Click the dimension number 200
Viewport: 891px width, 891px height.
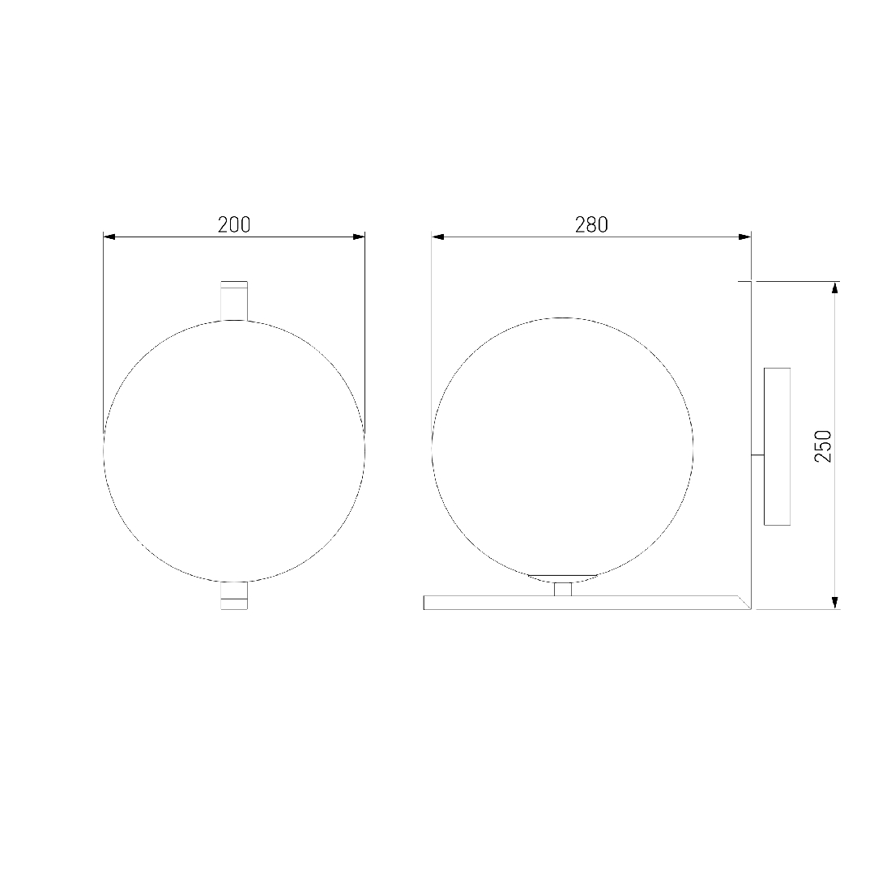[x=233, y=225]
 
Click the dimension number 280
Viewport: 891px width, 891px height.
[x=591, y=225]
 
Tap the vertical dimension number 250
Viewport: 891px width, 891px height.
[x=823, y=446]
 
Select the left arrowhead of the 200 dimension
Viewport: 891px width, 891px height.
[x=109, y=237]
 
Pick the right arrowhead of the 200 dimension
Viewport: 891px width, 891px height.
[x=359, y=237]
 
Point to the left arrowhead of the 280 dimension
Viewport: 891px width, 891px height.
[x=438, y=237]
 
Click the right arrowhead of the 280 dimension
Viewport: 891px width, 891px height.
[x=745, y=237]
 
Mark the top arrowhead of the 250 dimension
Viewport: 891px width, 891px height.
[x=834, y=288]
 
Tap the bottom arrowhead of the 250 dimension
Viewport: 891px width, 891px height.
[x=834, y=603]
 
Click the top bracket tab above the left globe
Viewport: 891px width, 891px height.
[x=234, y=301]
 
